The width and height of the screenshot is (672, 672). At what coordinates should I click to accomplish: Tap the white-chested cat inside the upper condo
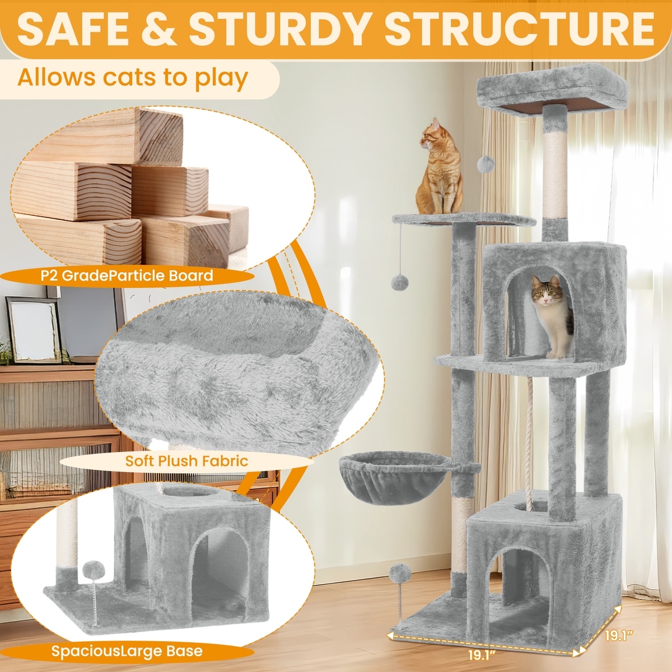[x=553, y=316]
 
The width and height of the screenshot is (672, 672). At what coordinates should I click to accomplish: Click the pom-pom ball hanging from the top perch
[x=486, y=164]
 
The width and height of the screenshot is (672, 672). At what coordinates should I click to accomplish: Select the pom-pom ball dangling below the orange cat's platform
[x=400, y=282]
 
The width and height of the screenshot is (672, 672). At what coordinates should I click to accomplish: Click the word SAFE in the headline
[x=73, y=29]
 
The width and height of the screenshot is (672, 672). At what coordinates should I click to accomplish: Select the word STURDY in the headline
[x=278, y=29]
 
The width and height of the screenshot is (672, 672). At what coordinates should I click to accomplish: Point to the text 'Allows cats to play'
[x=133, y=77]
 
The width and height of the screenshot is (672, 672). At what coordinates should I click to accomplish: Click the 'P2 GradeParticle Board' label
[x=127, y=276]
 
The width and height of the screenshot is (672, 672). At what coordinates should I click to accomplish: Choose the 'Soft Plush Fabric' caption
[x=186, y=461]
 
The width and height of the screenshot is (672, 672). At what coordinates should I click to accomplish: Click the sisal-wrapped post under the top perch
[x=555, y=174]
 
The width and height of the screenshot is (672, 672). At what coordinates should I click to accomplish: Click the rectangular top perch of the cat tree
[x=552, y=90]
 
